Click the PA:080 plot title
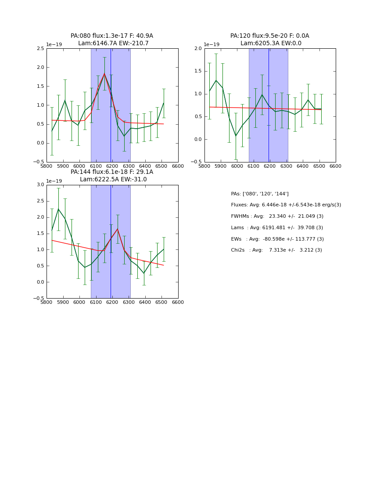[112, 40]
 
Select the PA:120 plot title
[270, 40]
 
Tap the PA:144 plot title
[112, 176]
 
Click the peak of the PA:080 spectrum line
[104, 73]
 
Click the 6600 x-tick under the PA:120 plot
[336, 166]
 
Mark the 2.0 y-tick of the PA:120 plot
[198, 49]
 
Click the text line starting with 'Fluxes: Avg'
[286, 205]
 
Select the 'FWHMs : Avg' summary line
[277, 216]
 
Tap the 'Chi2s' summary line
[276, 250]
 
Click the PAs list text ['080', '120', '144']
[260, 194]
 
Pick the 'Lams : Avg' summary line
[277, 228]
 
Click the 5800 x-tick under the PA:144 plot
[47, 303]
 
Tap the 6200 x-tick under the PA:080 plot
[112, 166]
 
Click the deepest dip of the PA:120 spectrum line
[236, 136]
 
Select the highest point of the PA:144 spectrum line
[58, 209]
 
